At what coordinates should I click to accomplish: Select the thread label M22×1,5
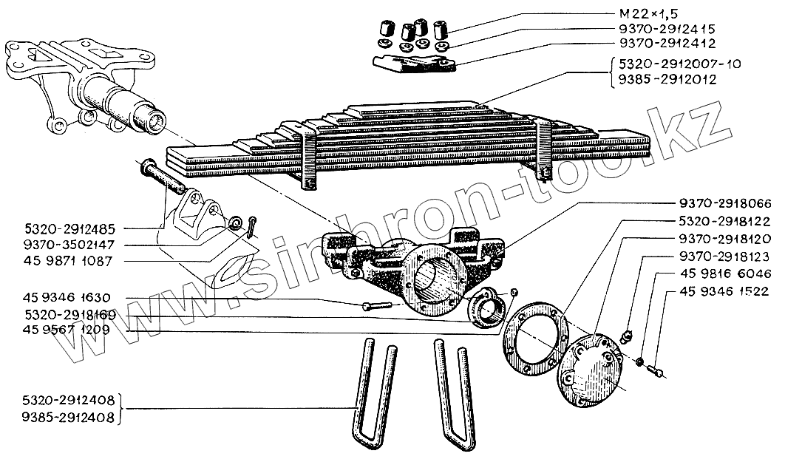tap(644, 14)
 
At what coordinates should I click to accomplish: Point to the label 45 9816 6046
tap(721, 273)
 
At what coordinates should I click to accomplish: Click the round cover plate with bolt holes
tap(589, 370)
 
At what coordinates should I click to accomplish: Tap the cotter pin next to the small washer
tap(252, 225)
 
